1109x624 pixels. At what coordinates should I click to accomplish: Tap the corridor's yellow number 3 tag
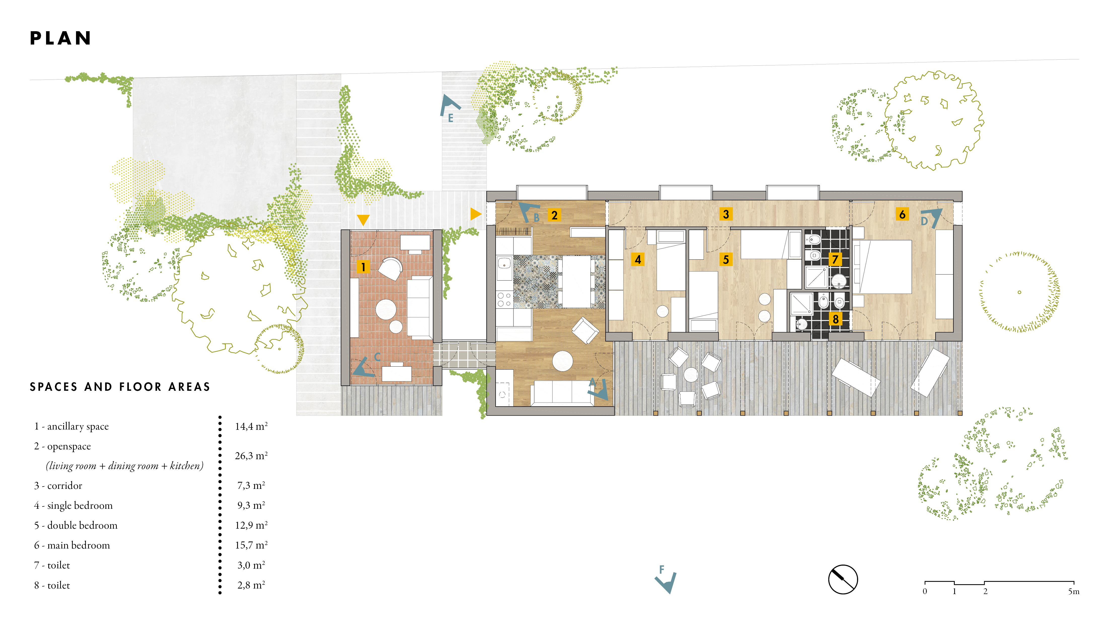tap(726, 214)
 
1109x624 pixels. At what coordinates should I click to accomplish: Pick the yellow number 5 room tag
tap(726, 259)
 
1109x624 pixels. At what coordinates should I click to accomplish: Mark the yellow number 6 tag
tap(902, 214)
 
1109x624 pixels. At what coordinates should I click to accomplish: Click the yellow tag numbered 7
tap(835, 259)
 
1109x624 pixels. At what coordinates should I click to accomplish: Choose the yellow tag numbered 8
tap(835, 319)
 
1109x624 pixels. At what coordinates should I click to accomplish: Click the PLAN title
tap(61, 38)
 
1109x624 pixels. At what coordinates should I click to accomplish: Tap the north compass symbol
tap(843, 579)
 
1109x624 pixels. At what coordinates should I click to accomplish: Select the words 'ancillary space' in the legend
tap(78, 426)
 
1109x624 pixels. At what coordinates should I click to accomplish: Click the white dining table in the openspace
tap(576, 282)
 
